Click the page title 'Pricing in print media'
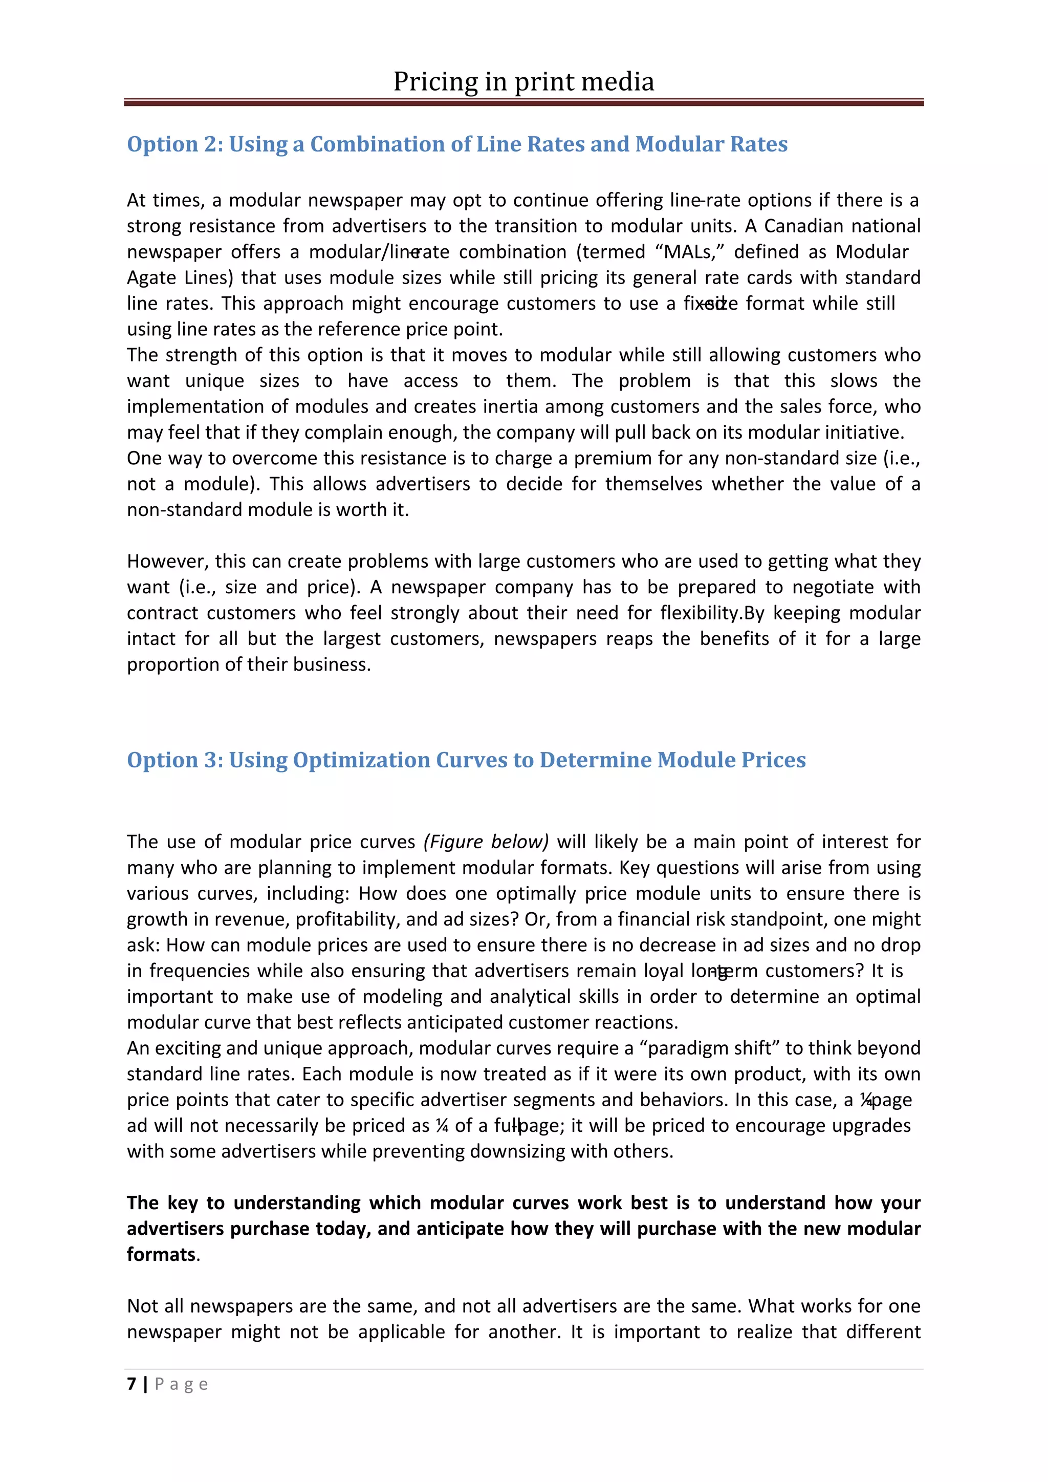pyautogui.click(x=523, y=82)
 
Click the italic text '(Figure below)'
pyautogui.click(x=486, y=842)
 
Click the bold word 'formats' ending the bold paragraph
pyautogui.click(x=161, y=1254)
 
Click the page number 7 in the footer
pyautogui.click(x=132, y=1384)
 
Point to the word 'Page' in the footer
pyautogui.click(x=181, y=1385)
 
